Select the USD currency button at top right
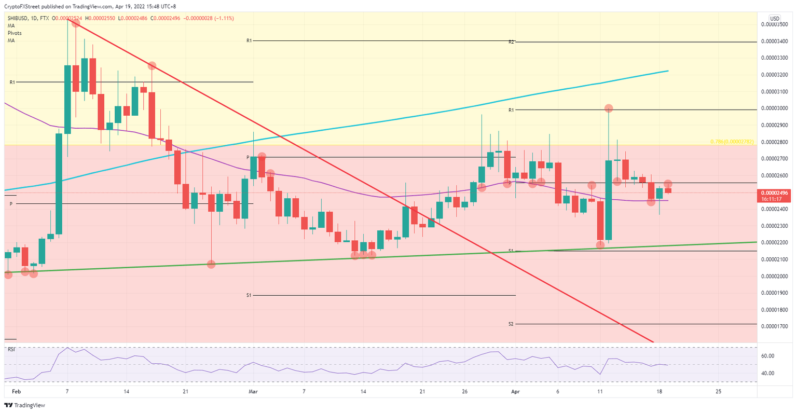tap(775, 18)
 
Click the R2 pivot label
tap(511, 42)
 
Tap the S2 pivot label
tap(511, 324)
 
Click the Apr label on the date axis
tap(515, 392)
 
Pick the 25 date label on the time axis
tap(718, 392)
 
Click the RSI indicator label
tap(11, 349)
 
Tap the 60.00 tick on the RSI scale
tap(768, 356)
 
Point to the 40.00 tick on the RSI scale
tap(768, 373)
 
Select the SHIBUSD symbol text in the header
tap(20, 18)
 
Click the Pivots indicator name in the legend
tap(15, 33)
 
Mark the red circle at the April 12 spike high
tap(609, 108)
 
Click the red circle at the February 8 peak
tap(76, 23)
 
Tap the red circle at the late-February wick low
tap(211, 264)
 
